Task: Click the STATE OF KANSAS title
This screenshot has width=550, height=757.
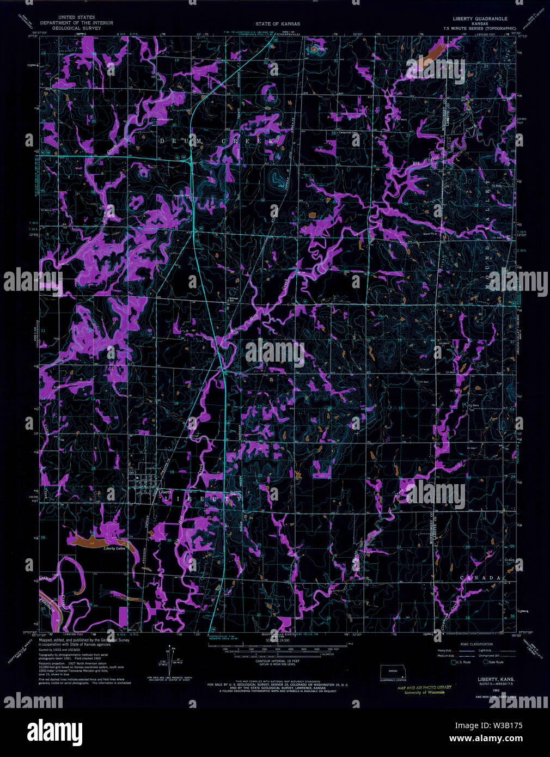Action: click(x=278, y=24)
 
